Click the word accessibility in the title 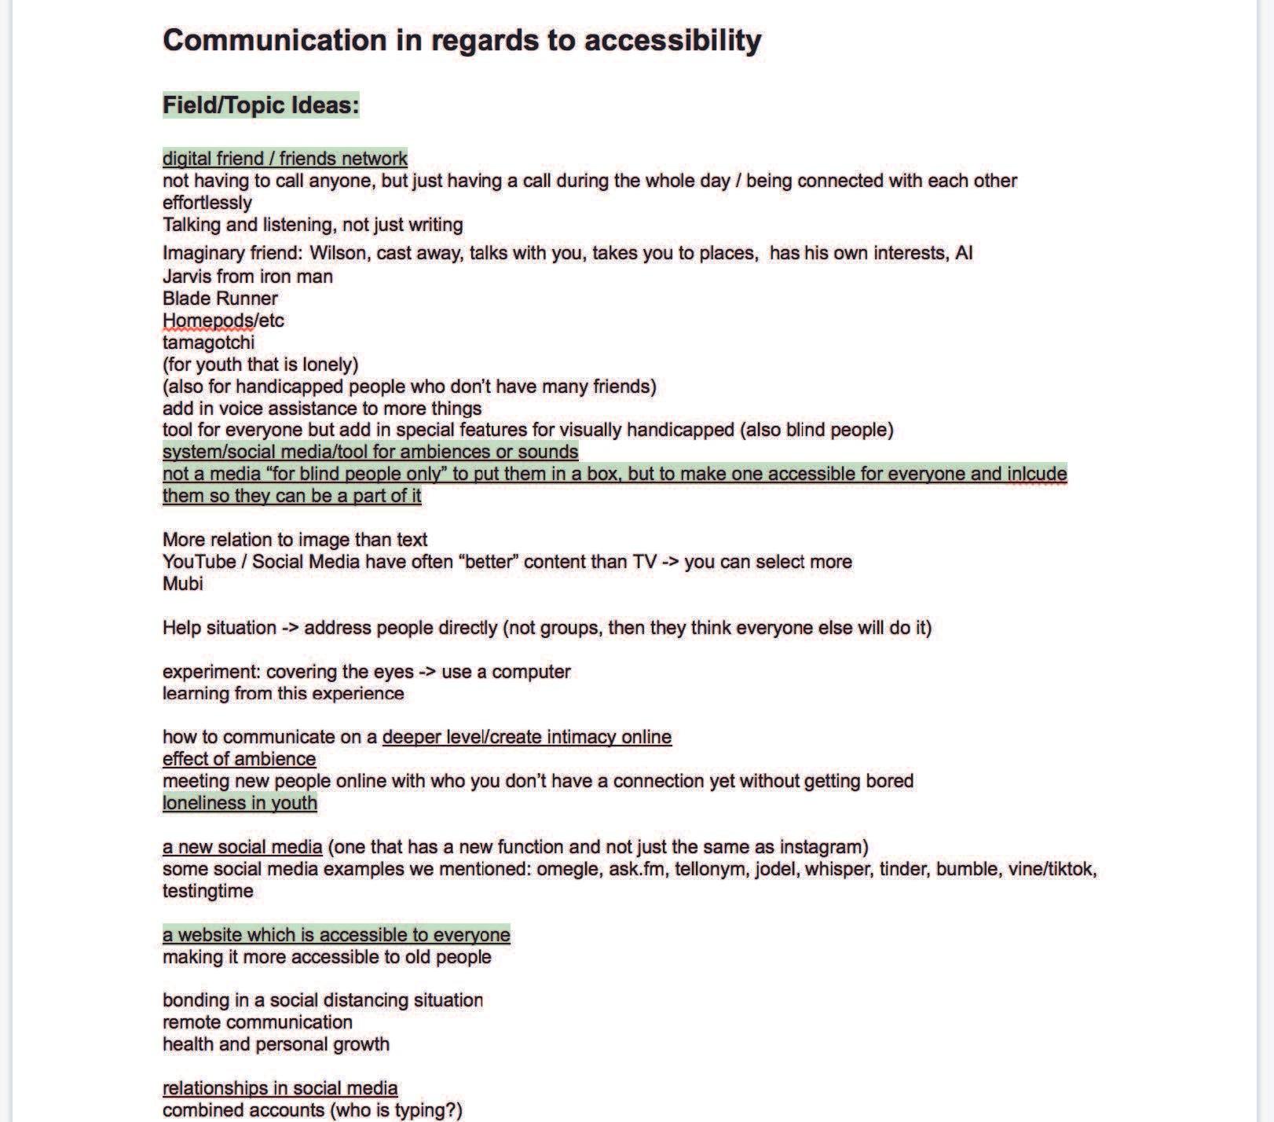point(672,41)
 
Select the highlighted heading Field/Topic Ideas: point(260,105)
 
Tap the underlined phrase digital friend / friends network point(284,159)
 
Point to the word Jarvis point(188,277)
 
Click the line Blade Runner point(220,299)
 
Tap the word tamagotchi point(208,343)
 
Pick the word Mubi point(182,584)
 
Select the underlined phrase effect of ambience point(239,759)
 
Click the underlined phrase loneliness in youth point(240,803)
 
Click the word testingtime point(207,891)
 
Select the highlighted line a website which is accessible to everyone point(336,935)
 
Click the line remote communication point(257,1022)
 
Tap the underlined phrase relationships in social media point(280,1088)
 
